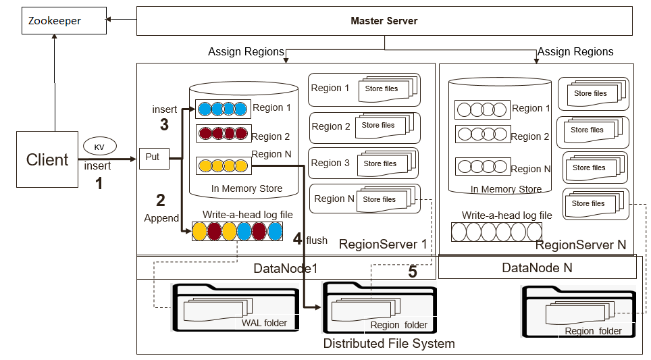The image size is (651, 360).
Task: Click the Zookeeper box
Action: coord(63,21)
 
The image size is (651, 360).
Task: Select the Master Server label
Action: coord(384,21)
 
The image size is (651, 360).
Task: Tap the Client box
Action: coord(47,159)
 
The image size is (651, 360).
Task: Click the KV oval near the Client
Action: coord(99,146)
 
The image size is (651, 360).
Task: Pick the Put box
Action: coord(153,157)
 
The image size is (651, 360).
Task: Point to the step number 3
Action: coord(164,124)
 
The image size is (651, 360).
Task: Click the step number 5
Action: coord(413,272)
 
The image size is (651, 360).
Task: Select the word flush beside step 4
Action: coord(317,240)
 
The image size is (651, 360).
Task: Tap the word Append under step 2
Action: coord(161,218)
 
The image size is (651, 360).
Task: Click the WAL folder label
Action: coord(264,323)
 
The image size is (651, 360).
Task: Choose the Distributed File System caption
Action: coord(388,343)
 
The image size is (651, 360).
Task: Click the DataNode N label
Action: coord(537,268)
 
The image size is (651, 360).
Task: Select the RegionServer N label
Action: coord(581,245)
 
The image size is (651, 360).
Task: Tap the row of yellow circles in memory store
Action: coord(223,165)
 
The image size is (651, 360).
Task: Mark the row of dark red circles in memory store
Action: coord(223,133)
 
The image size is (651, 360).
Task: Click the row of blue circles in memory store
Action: coord(223,109)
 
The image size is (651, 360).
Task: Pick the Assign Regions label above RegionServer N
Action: coord(575,52)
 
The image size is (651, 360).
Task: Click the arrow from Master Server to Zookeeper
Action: coord(122,21)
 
